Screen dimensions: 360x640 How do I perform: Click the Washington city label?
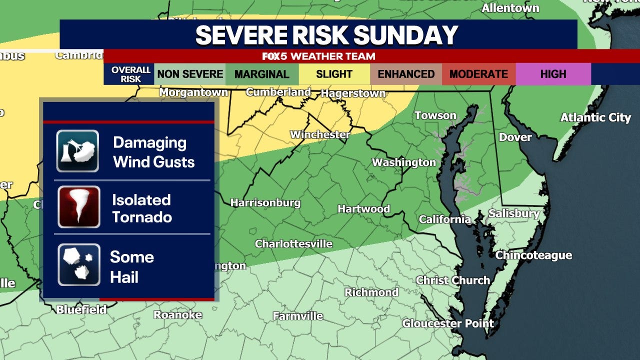click(x=404, y=162)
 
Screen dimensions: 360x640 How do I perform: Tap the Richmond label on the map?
click(x=371, y=292)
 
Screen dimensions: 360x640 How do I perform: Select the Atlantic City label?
click(x=595, y=117)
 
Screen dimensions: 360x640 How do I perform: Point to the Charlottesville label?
click(x=293, y=243)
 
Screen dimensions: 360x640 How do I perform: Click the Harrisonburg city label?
click(x=265, y=202)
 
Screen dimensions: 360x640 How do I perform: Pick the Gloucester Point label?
click(x=448, y=323)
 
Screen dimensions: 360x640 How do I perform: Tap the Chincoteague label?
click(x=533, y=255)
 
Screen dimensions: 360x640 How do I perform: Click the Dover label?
click(x=515, y=137)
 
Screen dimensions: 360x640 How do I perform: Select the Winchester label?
click(x=320, y=134)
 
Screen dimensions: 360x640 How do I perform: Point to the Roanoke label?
click(x=177, y=314)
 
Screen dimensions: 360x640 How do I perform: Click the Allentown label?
click(x=510, y=8)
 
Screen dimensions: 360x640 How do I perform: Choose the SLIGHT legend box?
click(x=334, y=74)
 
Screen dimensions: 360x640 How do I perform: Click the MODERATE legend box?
click(x=478, y=74)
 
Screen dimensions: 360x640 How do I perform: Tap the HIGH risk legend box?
click(x=553, y=74)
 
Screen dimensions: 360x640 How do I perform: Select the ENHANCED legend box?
click(x=406, y=74)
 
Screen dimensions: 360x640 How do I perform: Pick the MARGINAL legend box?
click(x=262, y=74)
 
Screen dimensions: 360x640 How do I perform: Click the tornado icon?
click(x=79, y=207)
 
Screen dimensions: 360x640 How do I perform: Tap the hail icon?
click(x=79, y=264)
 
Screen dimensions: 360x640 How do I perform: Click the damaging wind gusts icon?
click(x=77, y=151)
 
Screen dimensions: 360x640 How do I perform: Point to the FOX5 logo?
click(x=275, y=56)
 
